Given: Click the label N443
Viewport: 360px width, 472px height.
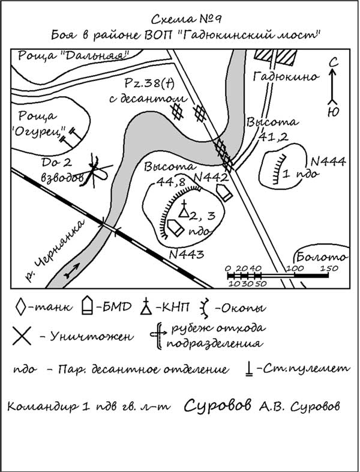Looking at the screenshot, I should [x=188, y=254].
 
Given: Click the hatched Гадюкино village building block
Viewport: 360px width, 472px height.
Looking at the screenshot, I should [x=277, y=56].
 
